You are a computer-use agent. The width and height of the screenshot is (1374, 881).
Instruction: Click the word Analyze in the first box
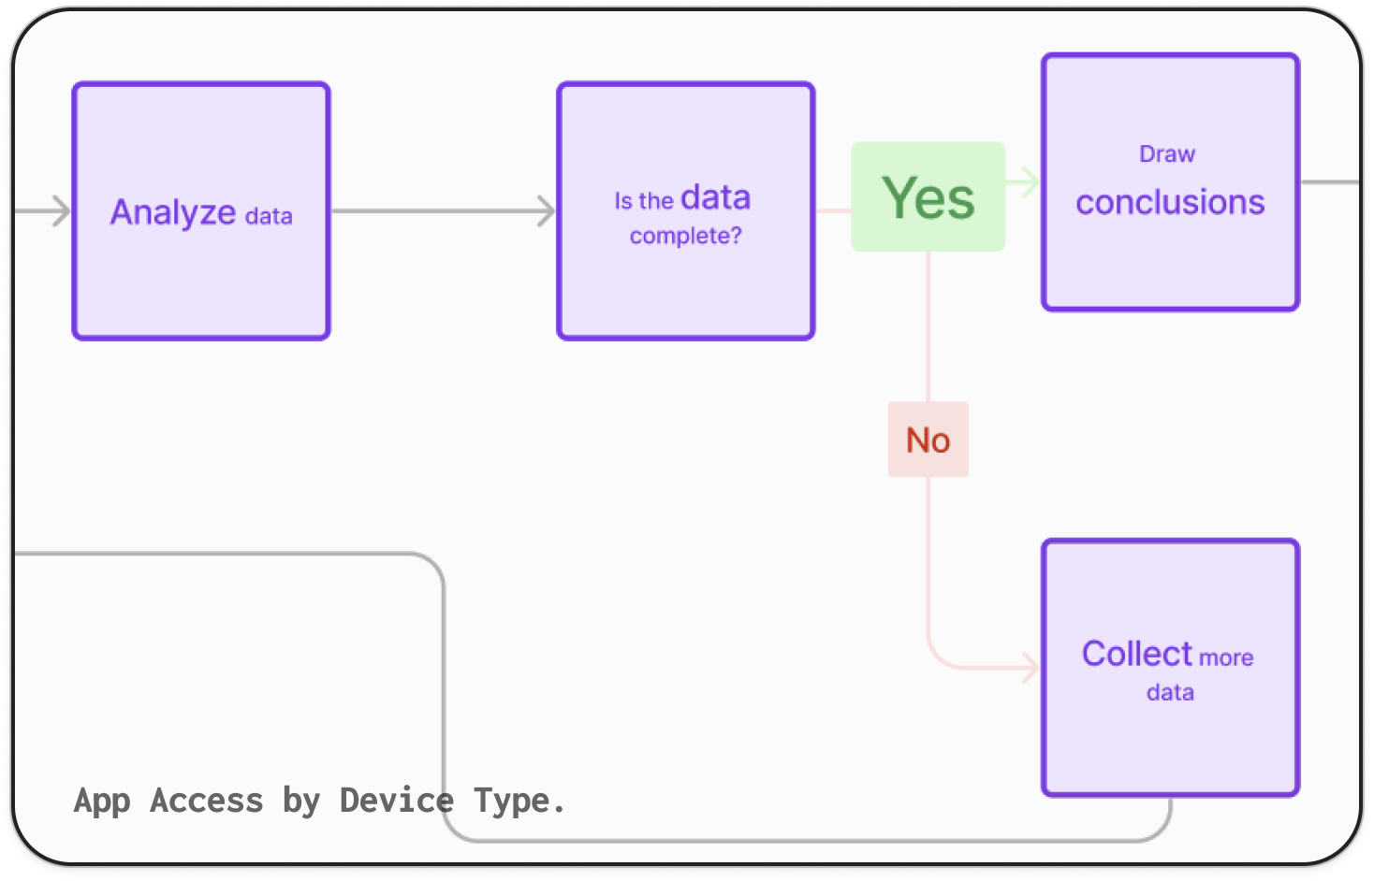click(x=173, y=212)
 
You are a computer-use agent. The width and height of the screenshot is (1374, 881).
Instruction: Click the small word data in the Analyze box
click(x=269, y=216)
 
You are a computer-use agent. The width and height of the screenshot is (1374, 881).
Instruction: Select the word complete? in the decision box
click(x=686, y=236)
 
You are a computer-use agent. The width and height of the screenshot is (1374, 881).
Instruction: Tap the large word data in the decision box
click(x=716, y=197)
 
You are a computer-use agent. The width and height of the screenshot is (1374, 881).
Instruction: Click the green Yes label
click(x=928, y=196)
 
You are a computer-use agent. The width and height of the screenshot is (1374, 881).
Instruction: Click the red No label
click(x=928, y=440)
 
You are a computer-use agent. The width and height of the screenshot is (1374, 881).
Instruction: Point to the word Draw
click(x=1167, y=154)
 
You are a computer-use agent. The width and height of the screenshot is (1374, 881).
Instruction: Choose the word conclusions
click(x=1170, y=202)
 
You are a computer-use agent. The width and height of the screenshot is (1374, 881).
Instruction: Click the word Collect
click(x=1137, y=653)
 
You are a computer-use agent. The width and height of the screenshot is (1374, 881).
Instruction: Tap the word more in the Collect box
click(x=1226, y=657)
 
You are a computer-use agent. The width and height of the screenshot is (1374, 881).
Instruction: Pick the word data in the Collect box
click(x=1170, y=693)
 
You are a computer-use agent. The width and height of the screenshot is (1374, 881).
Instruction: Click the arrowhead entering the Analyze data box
click(x=62, y=211)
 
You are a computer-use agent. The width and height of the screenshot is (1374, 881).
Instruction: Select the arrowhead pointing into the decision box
click(x=547, y=211)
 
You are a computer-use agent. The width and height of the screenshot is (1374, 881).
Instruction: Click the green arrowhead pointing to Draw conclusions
click(x=1030, y=181)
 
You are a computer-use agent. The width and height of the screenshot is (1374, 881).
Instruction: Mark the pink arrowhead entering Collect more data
click(x=1030, y=667)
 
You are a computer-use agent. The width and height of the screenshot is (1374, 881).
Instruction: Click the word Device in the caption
click(x=396, y=801)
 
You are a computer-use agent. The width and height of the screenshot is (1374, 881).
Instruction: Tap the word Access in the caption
click(x=207, y=801)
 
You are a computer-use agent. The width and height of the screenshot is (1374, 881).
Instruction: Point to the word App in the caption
click(x=102, y=802)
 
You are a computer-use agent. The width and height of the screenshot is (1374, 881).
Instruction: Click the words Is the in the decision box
click(x=644, y=201)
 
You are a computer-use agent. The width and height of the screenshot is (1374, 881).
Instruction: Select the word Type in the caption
click(x=512, y=802)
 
